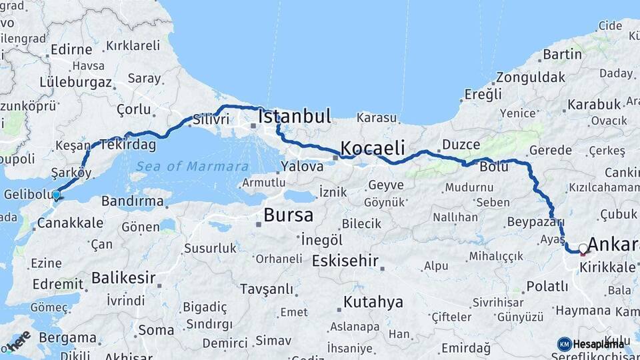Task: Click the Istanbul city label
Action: [x=295, y=117]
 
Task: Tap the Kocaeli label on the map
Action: [x=373, y=147]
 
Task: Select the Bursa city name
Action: [x=288, y=215]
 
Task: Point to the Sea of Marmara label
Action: [x=192, y=167]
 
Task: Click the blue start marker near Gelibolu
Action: [x=57, y=195]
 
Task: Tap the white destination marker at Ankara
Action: [x=583, y=249]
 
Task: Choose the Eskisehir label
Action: [x=345, y=260]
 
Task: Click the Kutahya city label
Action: [x=373, y=302]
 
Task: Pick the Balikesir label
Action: [x=123, y=277]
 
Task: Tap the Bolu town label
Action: [x=494, y=167]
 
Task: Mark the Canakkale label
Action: [x=69, y=222]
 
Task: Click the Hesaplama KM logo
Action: [x=591, y=344]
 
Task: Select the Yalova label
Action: [x=302, y=167]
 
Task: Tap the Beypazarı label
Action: [x=535, y=221]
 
